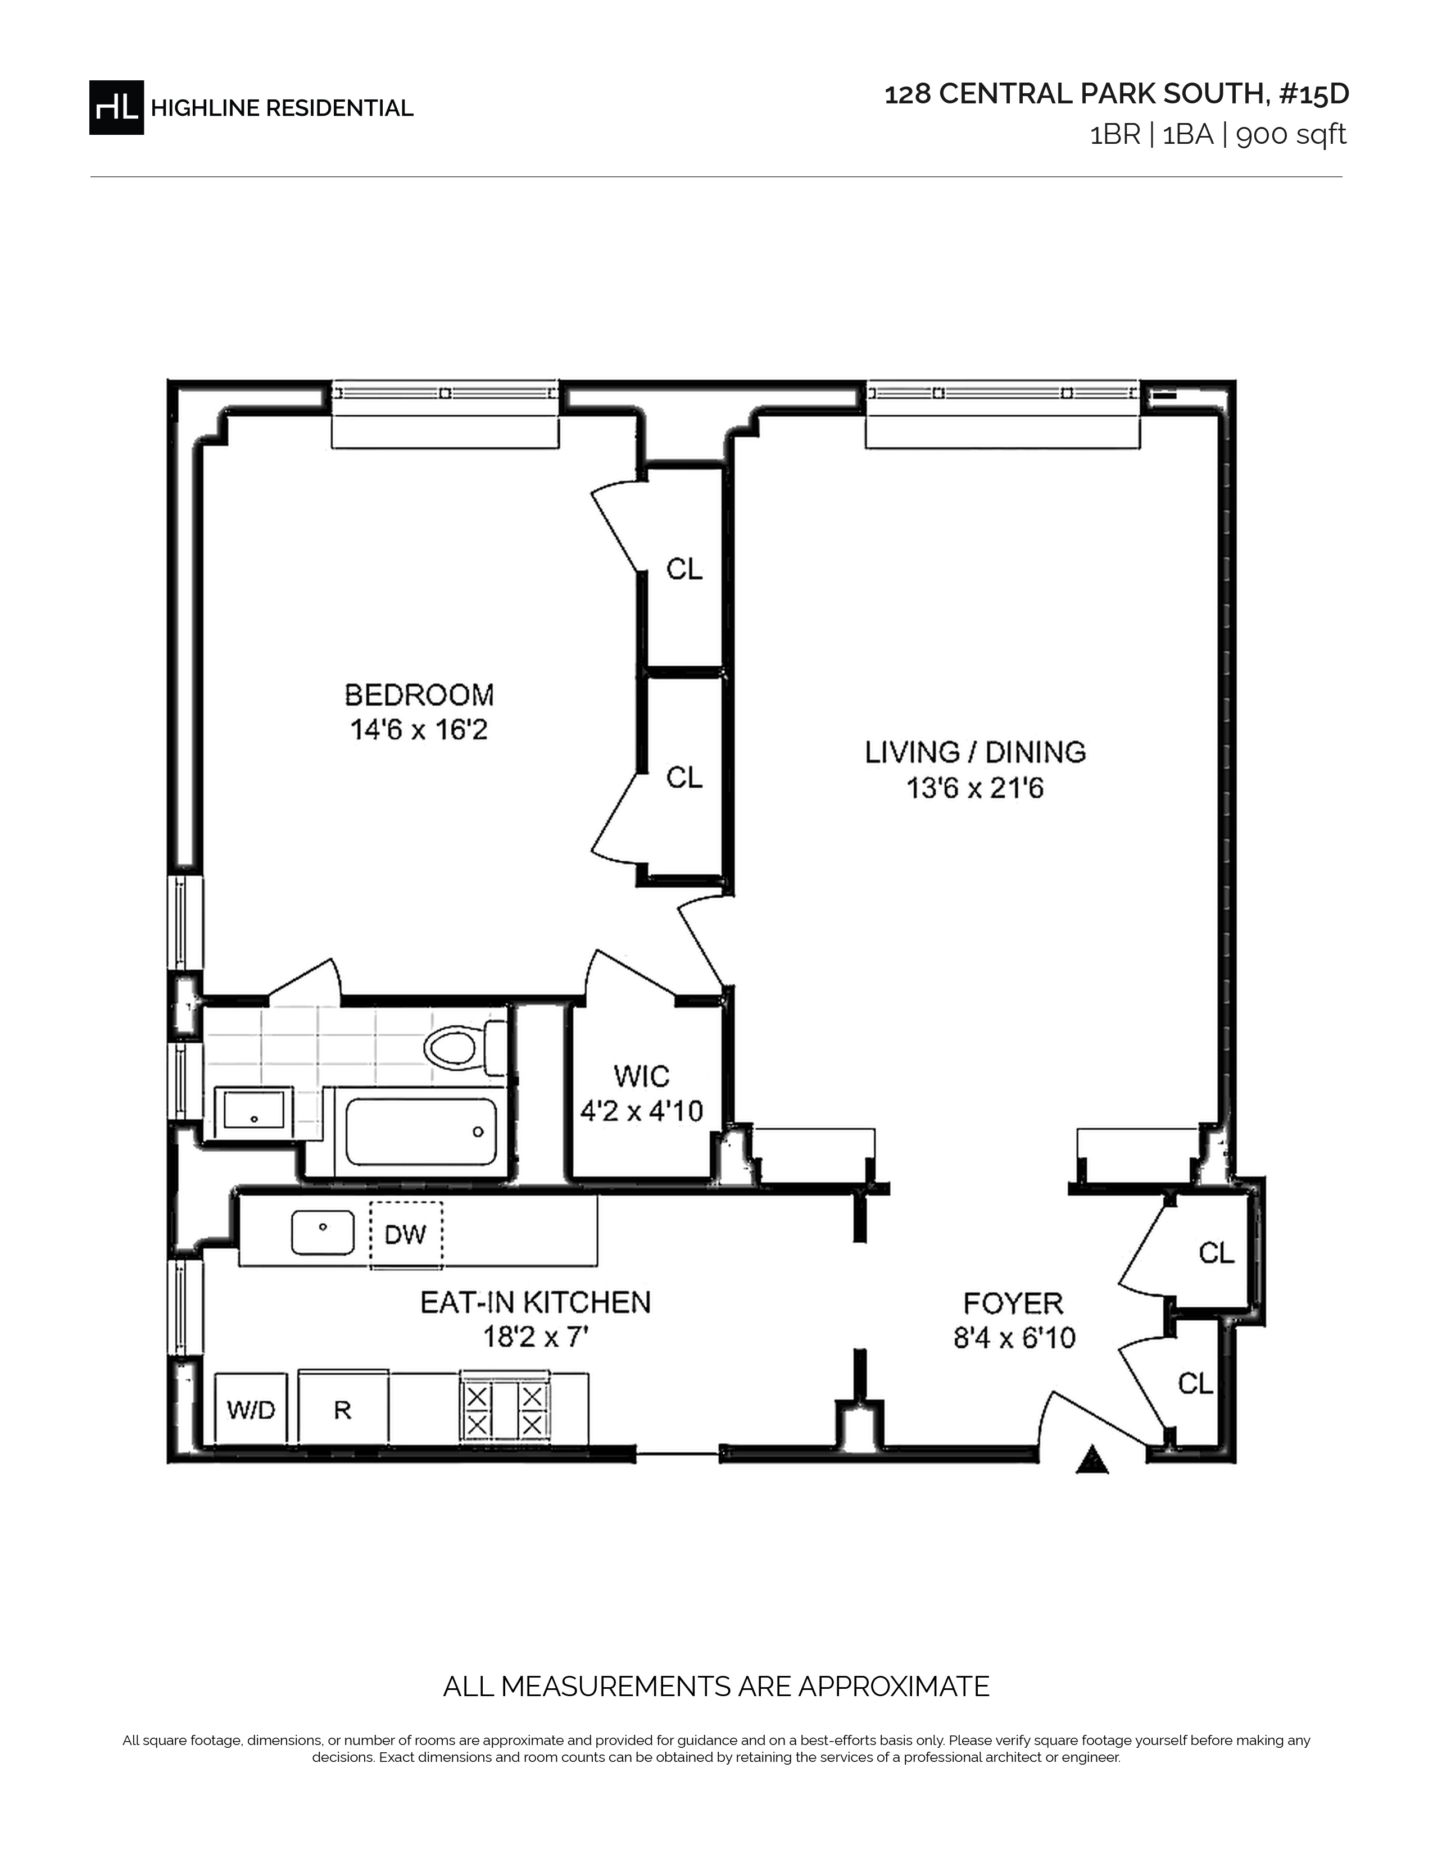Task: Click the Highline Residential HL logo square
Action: [116, 107]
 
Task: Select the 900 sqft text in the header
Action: [1291, 135]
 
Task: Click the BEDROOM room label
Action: [419, 696]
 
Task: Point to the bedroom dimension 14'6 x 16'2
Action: [419, 730]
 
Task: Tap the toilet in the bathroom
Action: [464, 1048]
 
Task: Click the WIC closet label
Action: [642, 1076]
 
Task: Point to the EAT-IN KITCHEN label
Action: [536, 1302]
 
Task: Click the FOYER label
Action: [1013, 1303]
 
